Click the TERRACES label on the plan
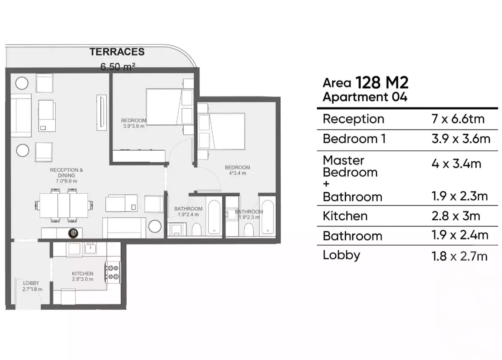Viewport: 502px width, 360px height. (117, 52)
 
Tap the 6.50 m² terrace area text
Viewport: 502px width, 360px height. (118, 66)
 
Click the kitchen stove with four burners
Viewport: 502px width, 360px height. (113, 272)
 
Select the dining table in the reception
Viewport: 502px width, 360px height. (64, 206)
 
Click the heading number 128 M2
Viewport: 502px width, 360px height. (382, 82)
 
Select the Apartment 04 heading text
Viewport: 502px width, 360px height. (365, 97)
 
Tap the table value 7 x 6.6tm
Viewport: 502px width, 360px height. (458, 119)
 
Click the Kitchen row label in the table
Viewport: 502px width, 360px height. (345, 216)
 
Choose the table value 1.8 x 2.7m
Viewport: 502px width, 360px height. (459, 256)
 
